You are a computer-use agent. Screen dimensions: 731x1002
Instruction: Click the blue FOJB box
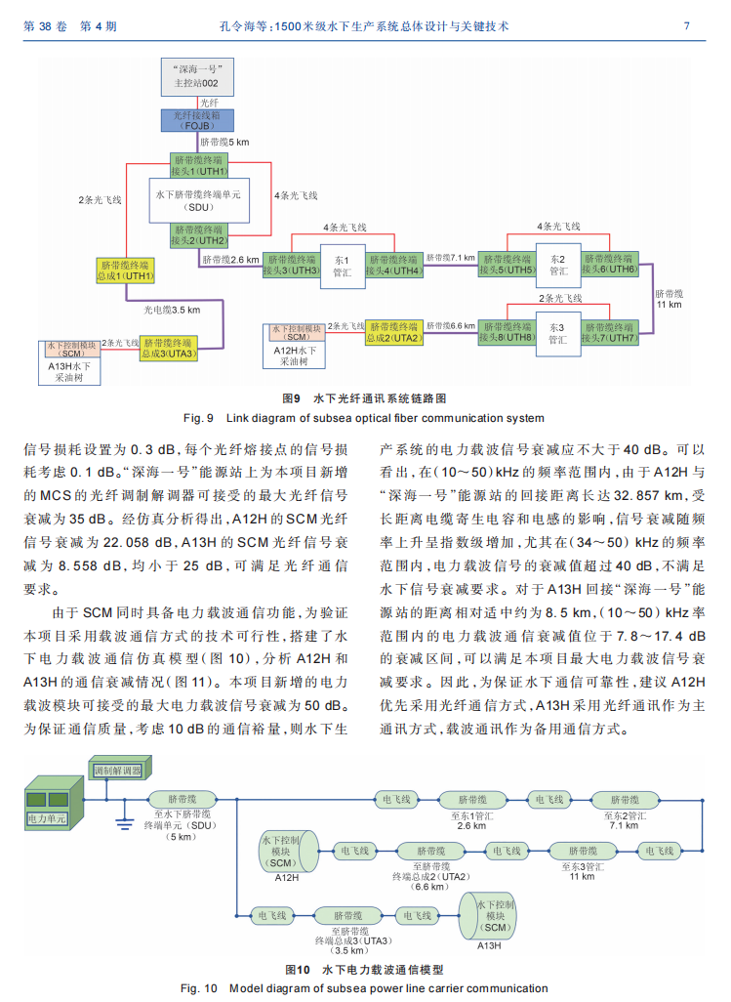[x=197, y=120]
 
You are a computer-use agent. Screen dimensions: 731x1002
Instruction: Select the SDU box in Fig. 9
[x=198, y=200]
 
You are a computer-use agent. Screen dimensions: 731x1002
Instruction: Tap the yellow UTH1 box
[x=126, y=271]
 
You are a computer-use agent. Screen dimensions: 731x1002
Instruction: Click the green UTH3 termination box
[x=292, y=265]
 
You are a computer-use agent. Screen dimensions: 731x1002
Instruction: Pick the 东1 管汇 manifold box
[x=343, y=267]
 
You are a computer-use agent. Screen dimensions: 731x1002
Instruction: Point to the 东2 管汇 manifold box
[x=558, y=266]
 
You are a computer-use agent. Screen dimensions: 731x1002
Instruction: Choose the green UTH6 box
[x=609, y=264]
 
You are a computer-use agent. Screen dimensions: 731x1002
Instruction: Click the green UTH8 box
[x=507, y=332]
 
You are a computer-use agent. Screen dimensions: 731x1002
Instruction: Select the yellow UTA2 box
[x=394, y=332]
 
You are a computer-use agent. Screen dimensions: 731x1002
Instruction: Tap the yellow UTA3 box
[x=169, y=349]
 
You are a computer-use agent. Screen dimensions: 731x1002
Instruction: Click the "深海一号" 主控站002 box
[x=197, y=77]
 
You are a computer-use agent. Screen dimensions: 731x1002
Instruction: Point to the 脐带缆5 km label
[x=224, y=143]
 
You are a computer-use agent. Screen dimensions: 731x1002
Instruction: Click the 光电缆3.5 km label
[x=171, y=310]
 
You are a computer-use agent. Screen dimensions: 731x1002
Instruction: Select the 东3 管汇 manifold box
[x=558, y=334]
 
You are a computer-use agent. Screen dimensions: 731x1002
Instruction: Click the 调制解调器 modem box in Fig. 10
[x=119, y=769]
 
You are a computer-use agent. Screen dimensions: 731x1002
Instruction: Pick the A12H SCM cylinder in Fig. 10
[x=289, y=852]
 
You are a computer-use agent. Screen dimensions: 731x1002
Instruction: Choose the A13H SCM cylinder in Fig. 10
[x=487, y=916]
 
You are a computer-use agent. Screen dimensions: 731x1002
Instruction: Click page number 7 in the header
[x=686, y=26]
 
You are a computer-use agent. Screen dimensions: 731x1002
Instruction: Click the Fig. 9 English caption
[x=364, y=418]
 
